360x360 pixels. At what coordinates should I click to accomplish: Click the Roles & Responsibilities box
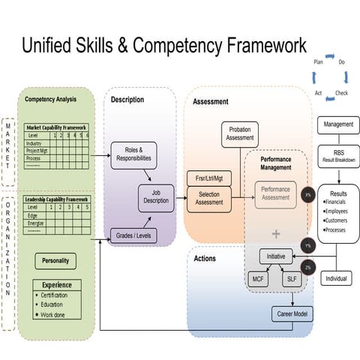(x=133, y=155)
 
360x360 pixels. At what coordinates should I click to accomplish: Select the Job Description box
(x=157, y=198)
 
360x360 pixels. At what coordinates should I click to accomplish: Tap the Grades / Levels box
(x=133, y=235)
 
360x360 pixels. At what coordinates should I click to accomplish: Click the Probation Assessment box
(x=240, y=135)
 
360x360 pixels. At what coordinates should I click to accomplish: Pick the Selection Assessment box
(x=209, y=198)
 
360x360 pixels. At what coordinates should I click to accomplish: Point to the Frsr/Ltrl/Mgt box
(x=209, y=178)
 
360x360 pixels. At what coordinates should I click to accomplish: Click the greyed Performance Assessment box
(x=275, y=194)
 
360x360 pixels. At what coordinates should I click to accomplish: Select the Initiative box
(x=277, y=256)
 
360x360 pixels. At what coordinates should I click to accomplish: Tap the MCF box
(x=258, y=279)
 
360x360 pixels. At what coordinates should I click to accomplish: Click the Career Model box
(x=292, y=313)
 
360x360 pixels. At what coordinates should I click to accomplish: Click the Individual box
(x=337, y=277)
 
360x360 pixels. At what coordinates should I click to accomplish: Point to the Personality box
(x=55, y=261)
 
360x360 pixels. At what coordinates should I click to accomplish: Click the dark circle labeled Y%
(x=308, y=245)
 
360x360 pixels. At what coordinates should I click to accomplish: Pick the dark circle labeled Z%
(x=308, y=267)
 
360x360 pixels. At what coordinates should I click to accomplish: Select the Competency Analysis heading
(x=51, y=99)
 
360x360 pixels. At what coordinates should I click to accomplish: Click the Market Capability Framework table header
(x=56, y=127)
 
